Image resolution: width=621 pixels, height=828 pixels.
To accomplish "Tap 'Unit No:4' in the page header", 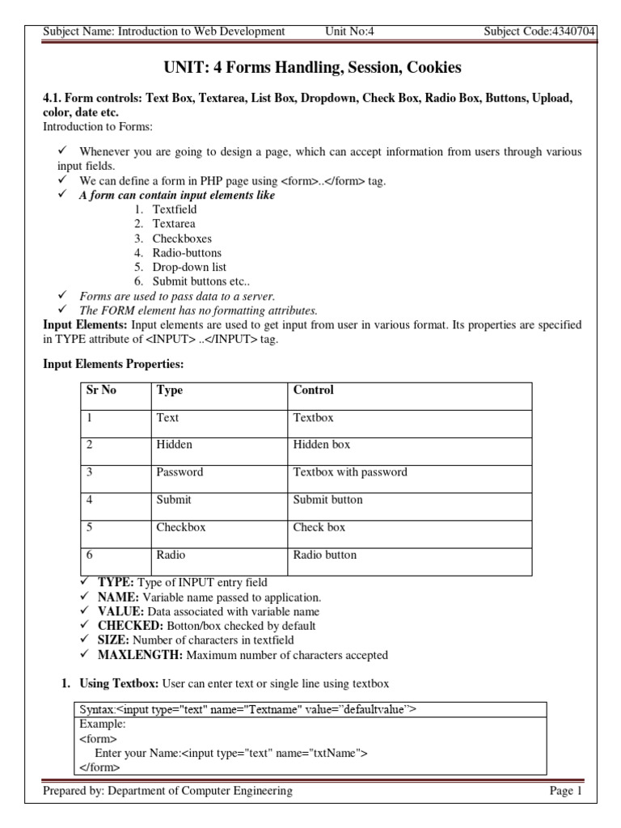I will tap(349, 32).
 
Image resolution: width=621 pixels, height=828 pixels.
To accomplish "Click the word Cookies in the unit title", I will tap(433, 68).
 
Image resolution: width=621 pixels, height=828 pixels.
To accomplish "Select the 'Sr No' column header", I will tap(101, 390).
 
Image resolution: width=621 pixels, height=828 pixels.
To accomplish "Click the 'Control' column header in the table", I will tap(313, 390).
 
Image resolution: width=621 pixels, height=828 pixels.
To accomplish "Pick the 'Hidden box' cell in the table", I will tap(321, 445).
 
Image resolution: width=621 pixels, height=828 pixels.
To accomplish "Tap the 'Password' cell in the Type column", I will tap(180, 472).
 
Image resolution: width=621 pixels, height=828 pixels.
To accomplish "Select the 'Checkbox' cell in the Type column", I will tap(181, 527).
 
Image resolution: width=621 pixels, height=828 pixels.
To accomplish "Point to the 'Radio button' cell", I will tap(324, 555).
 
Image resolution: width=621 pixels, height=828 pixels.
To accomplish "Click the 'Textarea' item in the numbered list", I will tap(174, 224).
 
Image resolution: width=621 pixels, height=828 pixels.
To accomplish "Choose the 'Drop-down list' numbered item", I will tap(189, 267).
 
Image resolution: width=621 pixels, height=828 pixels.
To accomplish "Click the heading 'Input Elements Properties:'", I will tap(108, 365).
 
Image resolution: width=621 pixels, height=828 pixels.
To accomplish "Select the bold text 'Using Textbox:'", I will tap(120, 684).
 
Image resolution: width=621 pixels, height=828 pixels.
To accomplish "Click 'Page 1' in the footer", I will tap(565, 791).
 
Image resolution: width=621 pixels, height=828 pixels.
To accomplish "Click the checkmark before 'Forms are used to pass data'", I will tap(62, 296).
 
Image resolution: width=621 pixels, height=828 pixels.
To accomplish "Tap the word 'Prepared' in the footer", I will tap(65, 791).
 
